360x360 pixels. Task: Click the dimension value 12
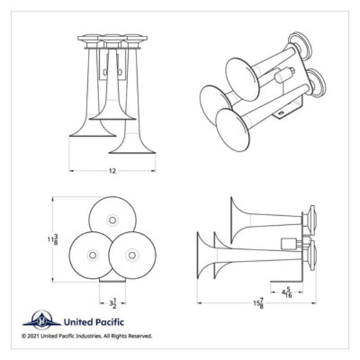(x=112, y=171)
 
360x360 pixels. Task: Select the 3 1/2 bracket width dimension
(x=112, y=304)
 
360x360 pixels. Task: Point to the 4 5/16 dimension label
(x=286, y=292)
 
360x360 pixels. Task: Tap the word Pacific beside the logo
(x=108, y=322)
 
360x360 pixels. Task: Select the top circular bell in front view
(x=111, y=221)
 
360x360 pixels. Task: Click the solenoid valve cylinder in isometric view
(x=286, y=75)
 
